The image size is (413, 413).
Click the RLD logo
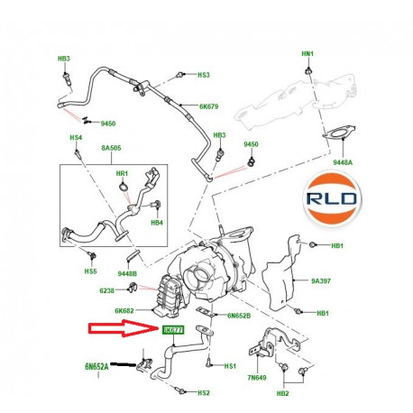[x=358, y=197]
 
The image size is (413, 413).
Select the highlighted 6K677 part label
[x=174, y=331]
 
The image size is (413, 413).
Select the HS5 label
[x=90, y=271]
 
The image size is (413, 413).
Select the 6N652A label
[x=96, y=366]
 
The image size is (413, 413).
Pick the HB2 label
[x=283, y=394]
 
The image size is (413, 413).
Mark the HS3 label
[x=203, y=75]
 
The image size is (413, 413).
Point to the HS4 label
[x=77, y=138]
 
